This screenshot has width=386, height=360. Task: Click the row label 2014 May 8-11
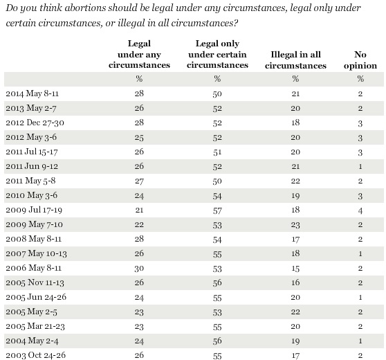[x=33, y=93]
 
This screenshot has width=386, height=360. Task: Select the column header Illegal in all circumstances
[x=295, y=60]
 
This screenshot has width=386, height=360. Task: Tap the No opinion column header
[x=360, y=60]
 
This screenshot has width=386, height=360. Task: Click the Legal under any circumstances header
[x=139, y=54]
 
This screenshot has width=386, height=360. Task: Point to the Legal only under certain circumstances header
[x=217, y=54]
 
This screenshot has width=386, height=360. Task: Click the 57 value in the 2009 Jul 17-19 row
[x=217, y=210]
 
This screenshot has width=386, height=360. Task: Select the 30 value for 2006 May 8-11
[x=139, y=269]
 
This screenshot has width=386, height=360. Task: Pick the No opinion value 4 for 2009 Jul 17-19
[x=360, y=210]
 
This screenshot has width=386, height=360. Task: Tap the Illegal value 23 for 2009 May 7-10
[x=295, y=225]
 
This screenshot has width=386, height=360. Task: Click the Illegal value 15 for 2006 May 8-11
[x=295, y=269]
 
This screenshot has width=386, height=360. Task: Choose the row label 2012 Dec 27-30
[x=35, y=123]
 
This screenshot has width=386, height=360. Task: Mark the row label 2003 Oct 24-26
[x=36, y=355]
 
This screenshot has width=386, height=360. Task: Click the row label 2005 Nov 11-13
[x=35, y=282]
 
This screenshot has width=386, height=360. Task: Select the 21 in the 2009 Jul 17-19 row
[x=139, y=210]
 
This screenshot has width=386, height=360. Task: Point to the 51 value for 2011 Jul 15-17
[x=217, y=152]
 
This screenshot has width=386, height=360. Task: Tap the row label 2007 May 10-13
[x=36, y=253]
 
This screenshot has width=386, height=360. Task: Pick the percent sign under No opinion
[x=360, y=79]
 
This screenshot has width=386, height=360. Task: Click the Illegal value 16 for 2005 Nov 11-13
[x=295, y=282]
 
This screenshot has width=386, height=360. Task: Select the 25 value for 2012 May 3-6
[x=139, y=138]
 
